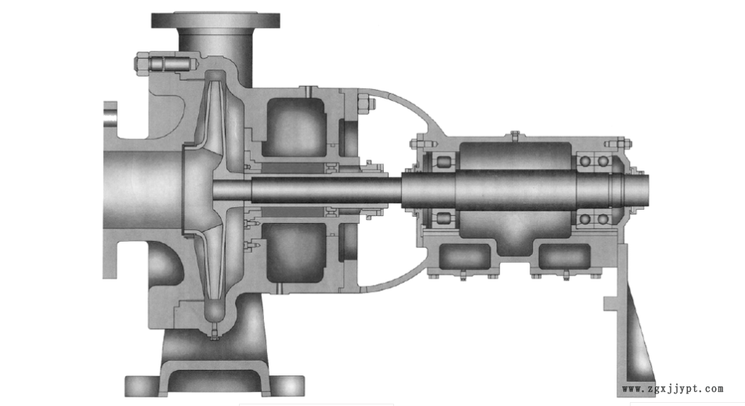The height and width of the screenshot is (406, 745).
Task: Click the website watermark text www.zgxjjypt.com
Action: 672,389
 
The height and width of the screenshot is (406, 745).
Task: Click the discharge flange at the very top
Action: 215,20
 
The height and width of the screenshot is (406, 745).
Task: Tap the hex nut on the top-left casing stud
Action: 142,63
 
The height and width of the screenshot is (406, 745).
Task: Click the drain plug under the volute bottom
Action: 215,332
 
